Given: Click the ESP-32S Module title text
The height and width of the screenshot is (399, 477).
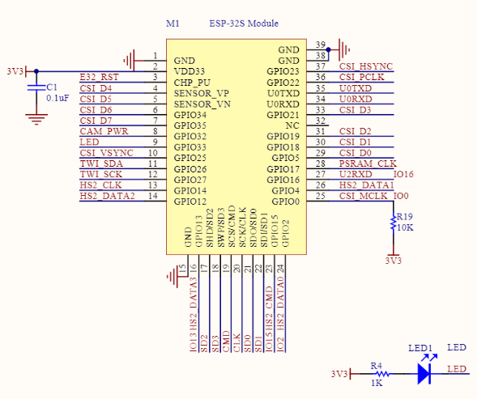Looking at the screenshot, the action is click(x=244, y=23).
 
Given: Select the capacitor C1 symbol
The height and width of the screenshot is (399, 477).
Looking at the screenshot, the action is click(x=36, y=87).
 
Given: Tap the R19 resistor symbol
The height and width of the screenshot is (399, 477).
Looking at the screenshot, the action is click(x=394, y=223).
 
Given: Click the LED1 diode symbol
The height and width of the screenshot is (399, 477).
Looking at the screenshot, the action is click(x=424, y=373).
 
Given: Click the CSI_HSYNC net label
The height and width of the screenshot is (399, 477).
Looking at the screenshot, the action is click(x=366, y=66).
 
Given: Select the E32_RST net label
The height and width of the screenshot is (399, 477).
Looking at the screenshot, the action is click(x=99, y=77).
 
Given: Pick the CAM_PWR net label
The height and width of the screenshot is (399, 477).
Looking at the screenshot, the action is click(x=104, y=131).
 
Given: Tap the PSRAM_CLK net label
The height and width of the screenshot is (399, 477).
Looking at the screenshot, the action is click(x=368, y=163).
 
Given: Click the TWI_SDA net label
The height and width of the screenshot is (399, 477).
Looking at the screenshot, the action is click(x=101, y=163).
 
